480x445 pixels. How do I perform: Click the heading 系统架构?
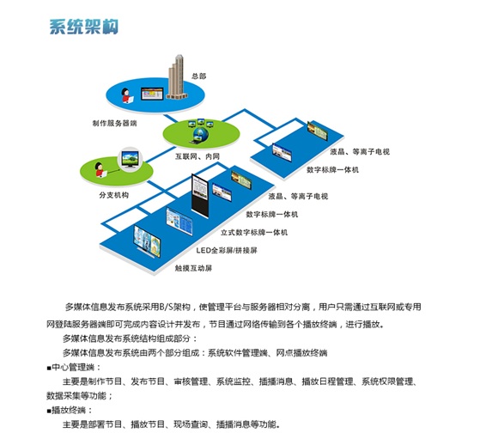click(83, 27)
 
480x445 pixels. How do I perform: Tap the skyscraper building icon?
click(177, 77)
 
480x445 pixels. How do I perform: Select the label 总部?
click(199, 76)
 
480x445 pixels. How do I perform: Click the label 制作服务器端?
click(114, 123)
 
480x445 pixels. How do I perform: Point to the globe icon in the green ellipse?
click(201, 133)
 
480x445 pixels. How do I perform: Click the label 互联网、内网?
click(197, 156)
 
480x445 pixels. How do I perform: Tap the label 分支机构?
click(114, 195)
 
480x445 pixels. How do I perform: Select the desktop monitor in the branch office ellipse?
click(131, 159)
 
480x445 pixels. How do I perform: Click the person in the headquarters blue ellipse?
click(126, 95)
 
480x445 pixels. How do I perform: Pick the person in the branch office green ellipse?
click(100, 170)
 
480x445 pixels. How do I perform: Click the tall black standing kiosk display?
click(200, 195)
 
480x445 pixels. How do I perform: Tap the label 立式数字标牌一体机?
click(254, 233)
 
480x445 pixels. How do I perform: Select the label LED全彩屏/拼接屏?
click(227, 251)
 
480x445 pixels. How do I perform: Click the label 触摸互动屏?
click(193, 268)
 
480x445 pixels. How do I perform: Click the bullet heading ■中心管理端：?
click(74, 367)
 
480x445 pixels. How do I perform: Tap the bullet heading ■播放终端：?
click(70, 410)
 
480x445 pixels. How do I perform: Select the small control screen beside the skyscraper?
click(152, 94)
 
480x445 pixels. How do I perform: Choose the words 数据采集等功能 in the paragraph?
click(76, 396)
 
